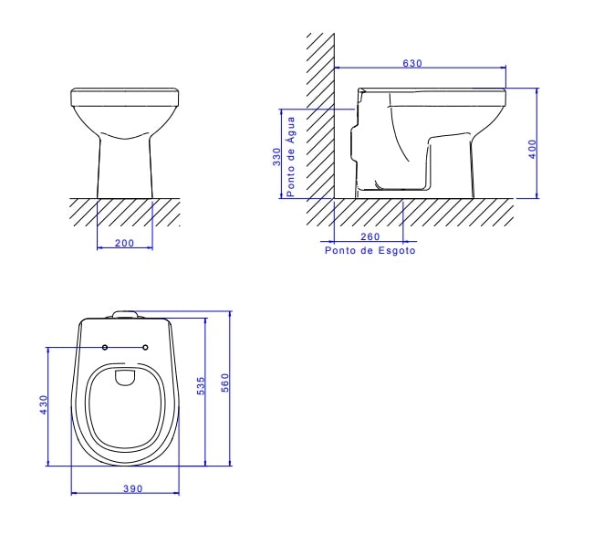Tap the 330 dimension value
coord(277,156)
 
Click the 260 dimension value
coord(369,238)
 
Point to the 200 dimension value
coord(124,243)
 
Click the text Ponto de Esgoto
coord(370,249)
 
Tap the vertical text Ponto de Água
coord(291,157)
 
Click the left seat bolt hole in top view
coord(105,347)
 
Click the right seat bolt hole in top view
coord(146,347)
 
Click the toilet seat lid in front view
coord(125,95)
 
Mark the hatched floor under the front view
coord(125,211)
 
